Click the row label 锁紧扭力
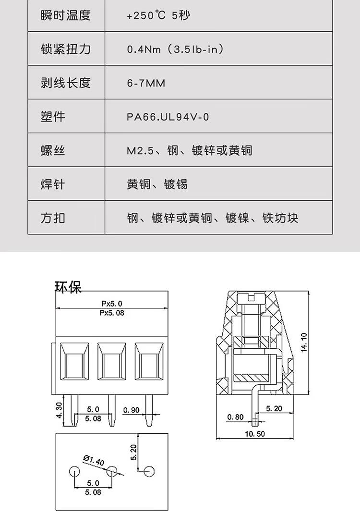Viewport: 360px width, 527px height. pos(66,49)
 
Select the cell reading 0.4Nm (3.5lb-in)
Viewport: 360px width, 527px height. pos(175,49)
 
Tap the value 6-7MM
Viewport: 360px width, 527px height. pos(146,83)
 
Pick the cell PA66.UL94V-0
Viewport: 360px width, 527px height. pos(168,117)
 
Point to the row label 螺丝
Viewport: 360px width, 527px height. pos(53,150)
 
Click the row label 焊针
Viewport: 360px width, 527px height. pos(53,184)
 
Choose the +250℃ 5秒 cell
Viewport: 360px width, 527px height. pos(158,15)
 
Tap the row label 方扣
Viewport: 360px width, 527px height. pos(53,218)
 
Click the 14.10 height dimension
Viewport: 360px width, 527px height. pos(304,342)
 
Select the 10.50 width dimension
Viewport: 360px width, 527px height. pos(254,434)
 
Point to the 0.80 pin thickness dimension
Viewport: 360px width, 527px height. pos(235,417)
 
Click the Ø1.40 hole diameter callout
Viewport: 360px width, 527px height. pos(94,460)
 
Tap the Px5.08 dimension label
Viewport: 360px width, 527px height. pos(112,313)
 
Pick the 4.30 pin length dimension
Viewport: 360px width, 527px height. pos(59,410)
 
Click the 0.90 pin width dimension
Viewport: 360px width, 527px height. pos(132,410)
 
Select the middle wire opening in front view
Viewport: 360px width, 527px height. pos(112,361)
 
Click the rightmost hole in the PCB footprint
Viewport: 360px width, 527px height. pos(149,472)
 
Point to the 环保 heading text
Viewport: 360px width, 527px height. pos(68,287)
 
